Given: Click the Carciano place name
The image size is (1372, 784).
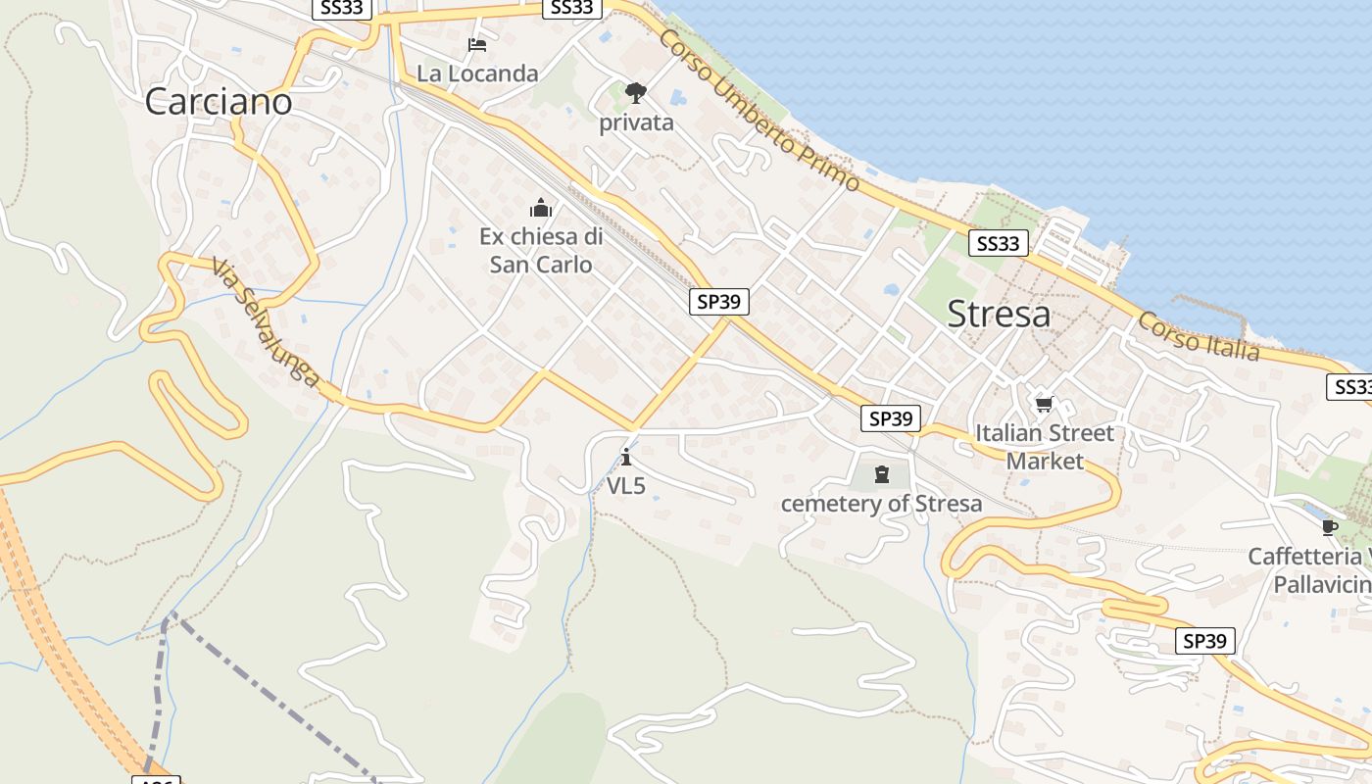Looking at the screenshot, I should pos(219,101).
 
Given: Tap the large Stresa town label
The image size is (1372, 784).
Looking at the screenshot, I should pos(999,314).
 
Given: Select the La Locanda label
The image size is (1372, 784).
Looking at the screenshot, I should pos(477,73).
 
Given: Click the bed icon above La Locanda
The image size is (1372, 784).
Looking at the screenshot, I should pos(477,45).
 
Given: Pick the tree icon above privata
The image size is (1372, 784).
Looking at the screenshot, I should pos(636,93).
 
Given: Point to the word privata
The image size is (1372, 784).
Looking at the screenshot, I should pos(636,122).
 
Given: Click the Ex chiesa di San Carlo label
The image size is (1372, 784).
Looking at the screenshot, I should pos(541,251).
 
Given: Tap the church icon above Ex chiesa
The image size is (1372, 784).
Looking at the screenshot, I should pos(541,208).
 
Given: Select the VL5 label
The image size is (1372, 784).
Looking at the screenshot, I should pos(626,485).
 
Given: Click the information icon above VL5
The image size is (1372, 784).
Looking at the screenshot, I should pos(626,457).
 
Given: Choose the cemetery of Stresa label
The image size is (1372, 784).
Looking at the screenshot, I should pos(881,504).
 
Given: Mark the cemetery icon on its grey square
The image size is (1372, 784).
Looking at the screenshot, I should pos(882,475).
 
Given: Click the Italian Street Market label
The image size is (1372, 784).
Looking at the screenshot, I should pos(1045,447).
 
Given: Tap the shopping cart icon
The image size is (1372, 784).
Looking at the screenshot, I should pos(1045,404).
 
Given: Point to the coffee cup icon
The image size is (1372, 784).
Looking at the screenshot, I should pos(1329,527).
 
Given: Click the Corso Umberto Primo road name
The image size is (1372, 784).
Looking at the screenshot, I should pos(759,111).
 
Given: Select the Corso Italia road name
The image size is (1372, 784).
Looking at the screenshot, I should pos(1198,337).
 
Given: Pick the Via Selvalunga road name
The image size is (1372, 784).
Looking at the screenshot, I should pos(266,322).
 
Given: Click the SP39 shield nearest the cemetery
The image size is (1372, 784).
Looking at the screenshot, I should pos(891,418).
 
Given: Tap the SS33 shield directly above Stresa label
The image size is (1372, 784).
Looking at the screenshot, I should pos(998,244).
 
